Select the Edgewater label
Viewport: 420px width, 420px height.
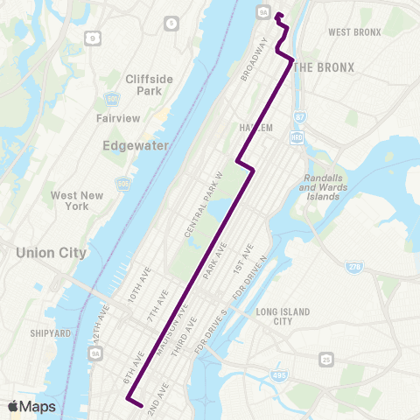click(x=136, y=146)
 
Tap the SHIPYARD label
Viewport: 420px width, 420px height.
click(x=50, y=332)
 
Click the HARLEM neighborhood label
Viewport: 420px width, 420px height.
click(x=256, y=127)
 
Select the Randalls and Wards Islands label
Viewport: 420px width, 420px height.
click(x=324, y=185)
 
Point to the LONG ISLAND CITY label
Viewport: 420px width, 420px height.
click(x=278, y=316)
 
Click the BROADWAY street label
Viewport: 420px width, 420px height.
click(x=254, y=59)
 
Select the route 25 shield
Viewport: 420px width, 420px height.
click(x=325, y=359)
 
